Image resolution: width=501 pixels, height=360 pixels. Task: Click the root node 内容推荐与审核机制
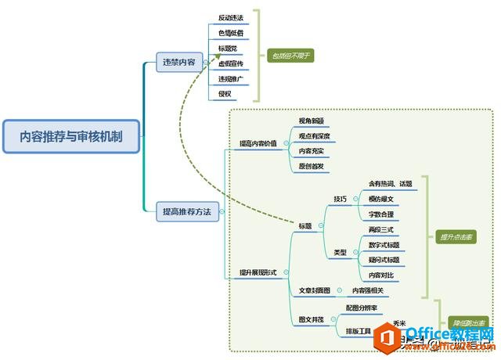click(70, 135)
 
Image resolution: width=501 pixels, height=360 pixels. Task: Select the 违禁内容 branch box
click(179, 62)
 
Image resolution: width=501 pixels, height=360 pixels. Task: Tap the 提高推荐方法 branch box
click(186, 211)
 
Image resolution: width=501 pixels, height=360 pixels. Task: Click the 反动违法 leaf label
click(230, 17)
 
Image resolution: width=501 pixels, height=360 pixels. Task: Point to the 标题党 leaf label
click(228, 49)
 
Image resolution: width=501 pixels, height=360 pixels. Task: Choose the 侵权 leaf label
click(225, 93)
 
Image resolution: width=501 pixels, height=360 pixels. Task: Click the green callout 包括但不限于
click(291, 56)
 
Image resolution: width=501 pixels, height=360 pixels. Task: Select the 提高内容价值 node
click(258, 144)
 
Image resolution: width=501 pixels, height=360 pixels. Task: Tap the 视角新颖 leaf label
click(312, 121)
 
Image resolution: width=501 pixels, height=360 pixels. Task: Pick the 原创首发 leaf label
click(312, 166)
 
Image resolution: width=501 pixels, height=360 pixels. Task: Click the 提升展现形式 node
click(258, 272)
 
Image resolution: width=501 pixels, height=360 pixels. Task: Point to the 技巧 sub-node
click(340, 198)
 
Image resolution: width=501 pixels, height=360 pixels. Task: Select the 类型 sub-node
click(340, 252)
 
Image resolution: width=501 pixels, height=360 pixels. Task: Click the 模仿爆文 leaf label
click(382, 199)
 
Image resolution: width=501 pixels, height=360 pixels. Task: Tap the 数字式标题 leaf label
click(384, 245)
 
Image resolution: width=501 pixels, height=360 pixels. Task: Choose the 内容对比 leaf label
click(382, 275)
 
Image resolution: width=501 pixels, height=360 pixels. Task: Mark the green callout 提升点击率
click(456, 236)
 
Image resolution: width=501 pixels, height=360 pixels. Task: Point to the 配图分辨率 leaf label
click(362, 308)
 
